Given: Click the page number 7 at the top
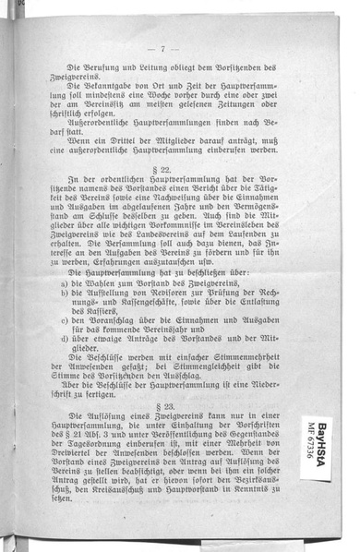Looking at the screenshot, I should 162,49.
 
